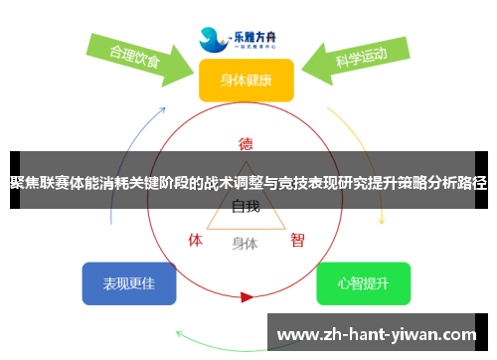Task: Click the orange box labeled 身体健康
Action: [246, 80]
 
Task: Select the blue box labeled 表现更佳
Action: [129, 283]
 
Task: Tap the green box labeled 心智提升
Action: [363, 283]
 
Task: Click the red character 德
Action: [246, 141]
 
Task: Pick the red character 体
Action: [196, 240]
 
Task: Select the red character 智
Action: [297, 240]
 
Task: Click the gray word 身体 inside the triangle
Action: [245, 242]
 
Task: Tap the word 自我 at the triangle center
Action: [246, 207]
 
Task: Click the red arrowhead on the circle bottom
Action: [247, 296]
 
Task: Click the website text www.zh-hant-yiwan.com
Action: [381, 334]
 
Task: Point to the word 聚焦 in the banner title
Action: [24, 182]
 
